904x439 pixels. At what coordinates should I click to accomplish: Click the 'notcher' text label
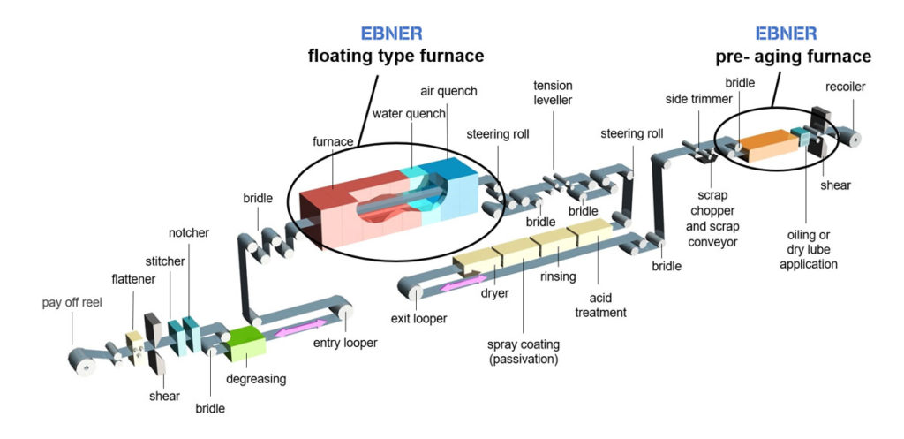189,232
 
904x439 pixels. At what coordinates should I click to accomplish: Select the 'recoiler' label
846,87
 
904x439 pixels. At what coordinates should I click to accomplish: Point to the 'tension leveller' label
553,93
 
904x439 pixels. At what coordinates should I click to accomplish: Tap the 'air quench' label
448,90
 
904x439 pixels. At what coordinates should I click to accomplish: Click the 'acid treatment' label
600,305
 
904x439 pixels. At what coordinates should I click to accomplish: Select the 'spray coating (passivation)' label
524,352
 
